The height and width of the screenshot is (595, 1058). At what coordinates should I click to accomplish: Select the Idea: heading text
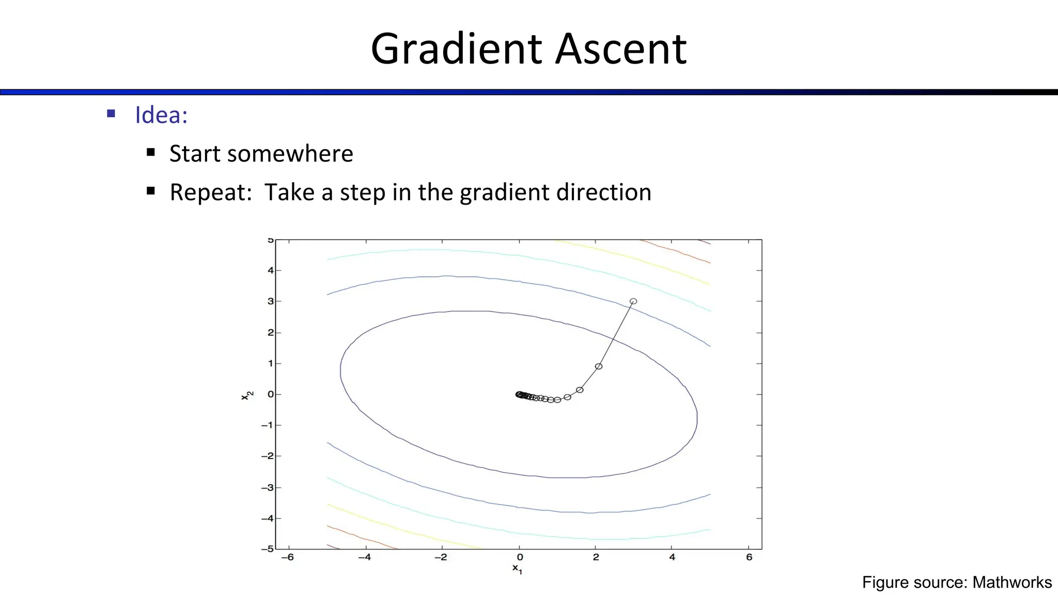(161, 115)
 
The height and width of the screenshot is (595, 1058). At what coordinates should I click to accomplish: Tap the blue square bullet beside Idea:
(111, 114)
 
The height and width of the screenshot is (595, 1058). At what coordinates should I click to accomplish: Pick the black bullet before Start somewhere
(151, 152)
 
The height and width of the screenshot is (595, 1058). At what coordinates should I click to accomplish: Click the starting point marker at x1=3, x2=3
(633, 301)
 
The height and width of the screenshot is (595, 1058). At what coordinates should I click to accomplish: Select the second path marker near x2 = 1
(599, 366)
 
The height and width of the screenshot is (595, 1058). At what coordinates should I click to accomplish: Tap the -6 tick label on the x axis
(288, 557)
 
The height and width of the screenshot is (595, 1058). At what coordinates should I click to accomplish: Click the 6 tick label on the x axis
(749, 557)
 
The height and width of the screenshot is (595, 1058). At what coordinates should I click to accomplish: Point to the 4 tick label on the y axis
(270, 270)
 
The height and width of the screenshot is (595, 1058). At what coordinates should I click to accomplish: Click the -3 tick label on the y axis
(267, 488)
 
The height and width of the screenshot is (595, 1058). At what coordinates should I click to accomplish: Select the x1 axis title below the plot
(517, 569)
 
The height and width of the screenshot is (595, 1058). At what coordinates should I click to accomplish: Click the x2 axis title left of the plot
(247, 395)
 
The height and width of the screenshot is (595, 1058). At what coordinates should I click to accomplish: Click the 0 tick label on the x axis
(520, 557)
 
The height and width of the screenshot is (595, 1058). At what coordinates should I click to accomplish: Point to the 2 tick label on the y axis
(270, 333)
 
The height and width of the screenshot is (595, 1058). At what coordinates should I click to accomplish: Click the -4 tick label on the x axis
(364, 557)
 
